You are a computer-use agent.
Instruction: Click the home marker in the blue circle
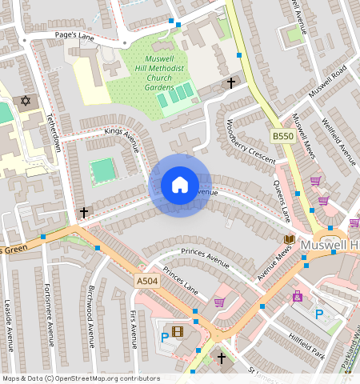click(x=180, y=186)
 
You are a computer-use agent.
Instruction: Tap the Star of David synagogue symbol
click(x=25, y=102)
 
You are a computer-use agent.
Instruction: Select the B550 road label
click(x=282, y=137)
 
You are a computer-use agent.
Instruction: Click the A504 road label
click(x=146, y=281)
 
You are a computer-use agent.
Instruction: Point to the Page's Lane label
click(x=75, y=36)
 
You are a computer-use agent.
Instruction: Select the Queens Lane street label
click(x=281, y=200)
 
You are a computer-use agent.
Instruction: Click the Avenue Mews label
click(x=274, y=261)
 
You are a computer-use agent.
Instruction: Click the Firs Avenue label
click(x=133, y=330)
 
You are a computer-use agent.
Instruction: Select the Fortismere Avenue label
click(x=49, y=313)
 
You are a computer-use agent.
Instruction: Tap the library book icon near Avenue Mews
click(x=289, y=239)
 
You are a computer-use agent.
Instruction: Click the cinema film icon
click(x=177, y=331)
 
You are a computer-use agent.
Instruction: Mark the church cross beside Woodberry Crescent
click(x=231, y=82)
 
